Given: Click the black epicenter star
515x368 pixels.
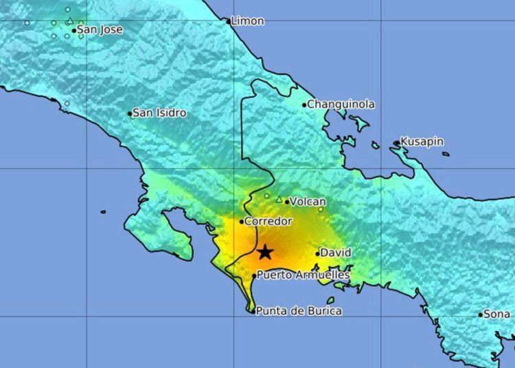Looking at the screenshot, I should click(265, 253).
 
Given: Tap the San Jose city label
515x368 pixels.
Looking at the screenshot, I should click(100, 30).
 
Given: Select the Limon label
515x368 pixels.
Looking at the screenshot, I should click(247, 21).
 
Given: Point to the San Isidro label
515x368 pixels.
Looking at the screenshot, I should click(159, 113).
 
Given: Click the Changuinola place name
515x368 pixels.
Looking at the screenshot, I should click(341, 104).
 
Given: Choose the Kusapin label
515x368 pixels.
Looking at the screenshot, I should click(422, 142).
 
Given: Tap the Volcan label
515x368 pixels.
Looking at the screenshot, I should click(308, 202).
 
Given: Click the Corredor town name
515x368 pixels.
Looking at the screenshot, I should click(269, 222).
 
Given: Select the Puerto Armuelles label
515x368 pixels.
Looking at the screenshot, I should click(303, 275).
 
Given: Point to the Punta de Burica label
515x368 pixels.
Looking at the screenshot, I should click(299, 311).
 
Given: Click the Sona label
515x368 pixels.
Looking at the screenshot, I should click(496, 314).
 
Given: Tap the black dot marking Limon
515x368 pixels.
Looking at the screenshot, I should click(229, 21).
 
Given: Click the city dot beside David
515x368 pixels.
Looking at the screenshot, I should click(318, 253).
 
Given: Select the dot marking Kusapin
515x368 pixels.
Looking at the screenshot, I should click(397, 143).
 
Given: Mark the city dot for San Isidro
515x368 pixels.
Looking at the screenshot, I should click(129, 113).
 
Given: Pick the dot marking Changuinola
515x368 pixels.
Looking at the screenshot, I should click(304, 105).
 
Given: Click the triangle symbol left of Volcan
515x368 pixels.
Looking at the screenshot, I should click(279, 199).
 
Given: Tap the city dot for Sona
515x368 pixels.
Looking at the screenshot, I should click(481, 314).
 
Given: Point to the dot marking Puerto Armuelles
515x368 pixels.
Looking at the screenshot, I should click(255, 275).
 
